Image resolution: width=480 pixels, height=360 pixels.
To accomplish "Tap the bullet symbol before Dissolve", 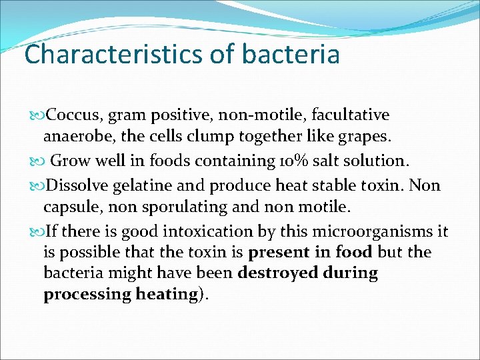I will coord(37,185).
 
